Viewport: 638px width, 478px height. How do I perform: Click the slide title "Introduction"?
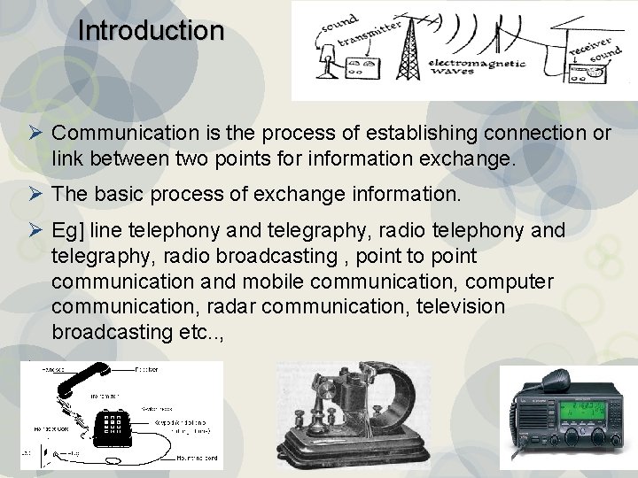tap(151, 31)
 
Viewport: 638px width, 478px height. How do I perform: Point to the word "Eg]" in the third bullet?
tap(66, 232)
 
